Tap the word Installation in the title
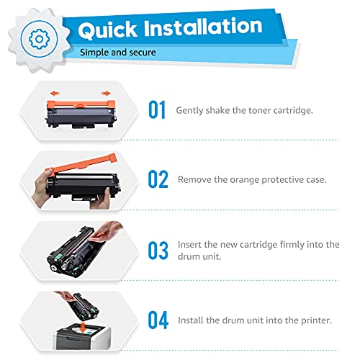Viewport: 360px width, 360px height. [204, 27]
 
